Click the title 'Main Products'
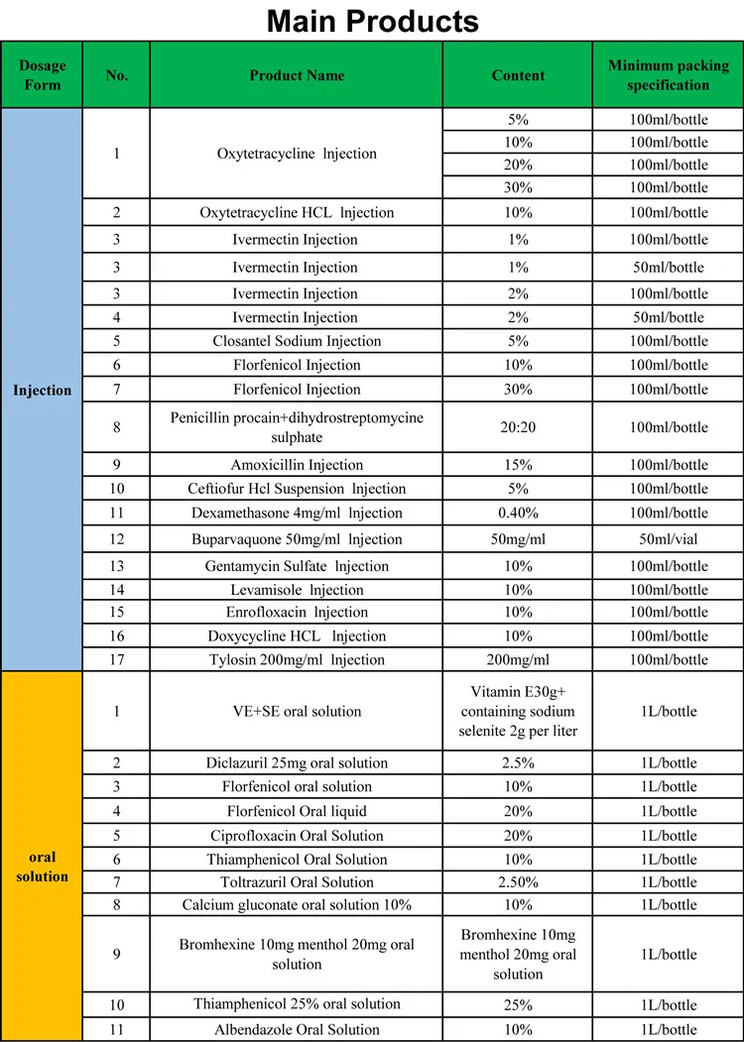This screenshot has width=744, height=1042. (x=372, y=21)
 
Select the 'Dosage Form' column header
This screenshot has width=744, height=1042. (x=42, y=74)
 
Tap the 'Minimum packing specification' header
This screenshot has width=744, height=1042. (x=668, y=75)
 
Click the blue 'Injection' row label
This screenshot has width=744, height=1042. (x=42, y=390)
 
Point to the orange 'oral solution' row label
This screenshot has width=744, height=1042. (x=42, y=866)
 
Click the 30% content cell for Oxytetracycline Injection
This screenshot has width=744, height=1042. (x=518, y=187)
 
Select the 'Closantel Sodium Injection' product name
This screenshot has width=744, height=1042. (x=297, y=341)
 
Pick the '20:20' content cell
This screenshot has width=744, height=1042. (x=518, y=427)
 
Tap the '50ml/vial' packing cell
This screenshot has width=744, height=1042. (x=669, y=539)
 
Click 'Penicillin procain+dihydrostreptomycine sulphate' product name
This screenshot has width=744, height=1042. (x=297, y=427)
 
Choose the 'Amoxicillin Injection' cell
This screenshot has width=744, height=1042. (x=297, y=465)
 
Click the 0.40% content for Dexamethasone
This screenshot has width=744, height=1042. (x=518, y=513)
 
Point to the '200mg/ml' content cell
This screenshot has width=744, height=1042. (x=518, y=659)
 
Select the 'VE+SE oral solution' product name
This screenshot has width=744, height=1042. (x=297, y=711)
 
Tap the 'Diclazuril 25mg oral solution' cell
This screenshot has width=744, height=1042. (x=297, y=762)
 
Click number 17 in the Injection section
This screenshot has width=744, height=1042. (x=116, y=659)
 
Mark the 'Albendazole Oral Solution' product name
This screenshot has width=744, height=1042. (x=297, y=1029)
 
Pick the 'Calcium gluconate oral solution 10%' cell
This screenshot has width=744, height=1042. (x=297, y=904)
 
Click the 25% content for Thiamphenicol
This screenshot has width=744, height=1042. (x=518, y=1003)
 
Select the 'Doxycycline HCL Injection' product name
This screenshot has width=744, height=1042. (x=297, y=636)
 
